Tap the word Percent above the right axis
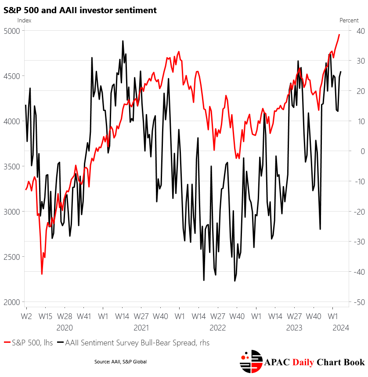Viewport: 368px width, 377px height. coord(349,20)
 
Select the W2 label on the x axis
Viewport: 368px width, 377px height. coord(26,316)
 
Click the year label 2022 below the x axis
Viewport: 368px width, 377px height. coord(217,327)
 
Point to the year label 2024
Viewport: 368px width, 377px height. coord(341,327)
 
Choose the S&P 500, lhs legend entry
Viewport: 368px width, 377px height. coord(28,343)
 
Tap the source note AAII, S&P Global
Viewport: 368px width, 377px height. coord(120,362)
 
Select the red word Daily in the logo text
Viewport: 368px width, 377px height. coord(306,362)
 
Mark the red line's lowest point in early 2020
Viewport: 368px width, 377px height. coord(42,274)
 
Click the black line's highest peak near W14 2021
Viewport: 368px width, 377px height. coord(123,41)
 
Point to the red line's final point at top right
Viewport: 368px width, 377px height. coord(339,34)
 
